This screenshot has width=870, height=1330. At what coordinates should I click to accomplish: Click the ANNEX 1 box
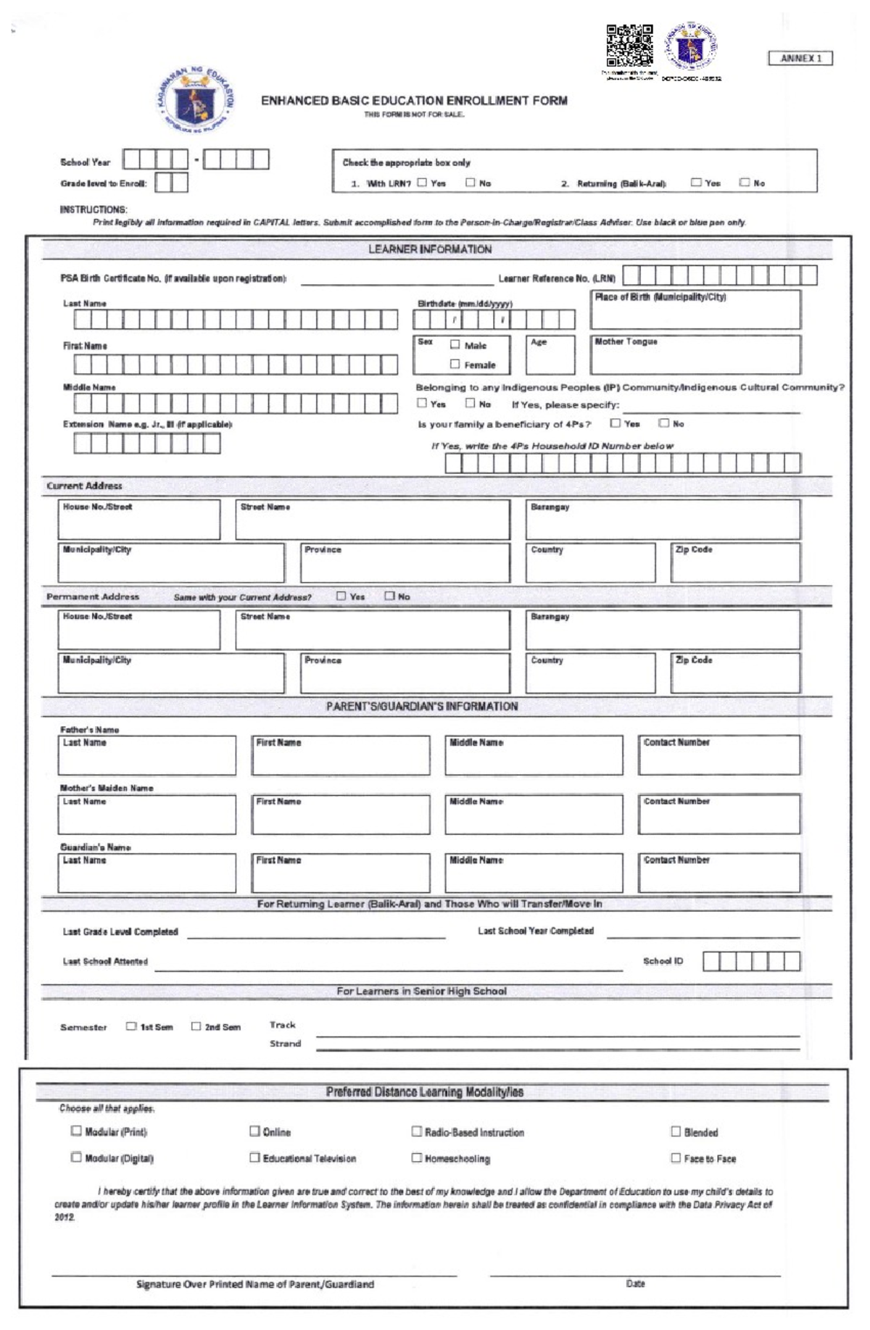[x=800, y=58]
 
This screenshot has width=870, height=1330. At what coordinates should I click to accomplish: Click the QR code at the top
[x=629, y=46]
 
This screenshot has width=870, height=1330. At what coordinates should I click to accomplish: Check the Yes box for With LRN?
[x=422, y=183]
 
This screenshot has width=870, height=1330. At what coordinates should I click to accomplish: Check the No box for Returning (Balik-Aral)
[x=745, y=183]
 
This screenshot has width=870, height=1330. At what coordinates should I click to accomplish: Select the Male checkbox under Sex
[x=455, y=345]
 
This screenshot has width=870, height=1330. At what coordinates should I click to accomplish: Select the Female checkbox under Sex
[x=455, y=364]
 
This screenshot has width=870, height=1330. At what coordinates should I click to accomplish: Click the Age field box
[x=550, y=357]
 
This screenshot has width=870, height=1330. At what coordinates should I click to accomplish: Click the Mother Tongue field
[x=695, y=357]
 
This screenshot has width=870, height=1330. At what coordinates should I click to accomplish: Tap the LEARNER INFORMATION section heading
[x=430, y=249]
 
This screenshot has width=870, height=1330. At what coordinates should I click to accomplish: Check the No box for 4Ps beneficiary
[x=663, y=423]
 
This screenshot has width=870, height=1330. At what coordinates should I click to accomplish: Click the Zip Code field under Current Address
[x=735, y=565]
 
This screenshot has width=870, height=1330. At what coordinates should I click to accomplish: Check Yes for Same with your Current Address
[x=341, y=596]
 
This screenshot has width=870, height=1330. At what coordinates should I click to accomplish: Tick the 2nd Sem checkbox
[x=196, y=1026]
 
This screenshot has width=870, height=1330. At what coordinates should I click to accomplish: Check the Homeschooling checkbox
[x=417, y=1157]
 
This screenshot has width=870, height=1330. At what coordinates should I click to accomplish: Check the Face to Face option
[x=676, y=1157]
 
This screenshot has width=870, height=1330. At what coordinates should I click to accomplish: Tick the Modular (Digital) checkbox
[x=76, y=1157]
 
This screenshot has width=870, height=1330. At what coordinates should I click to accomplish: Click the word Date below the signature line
[x=635, y=1284]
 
